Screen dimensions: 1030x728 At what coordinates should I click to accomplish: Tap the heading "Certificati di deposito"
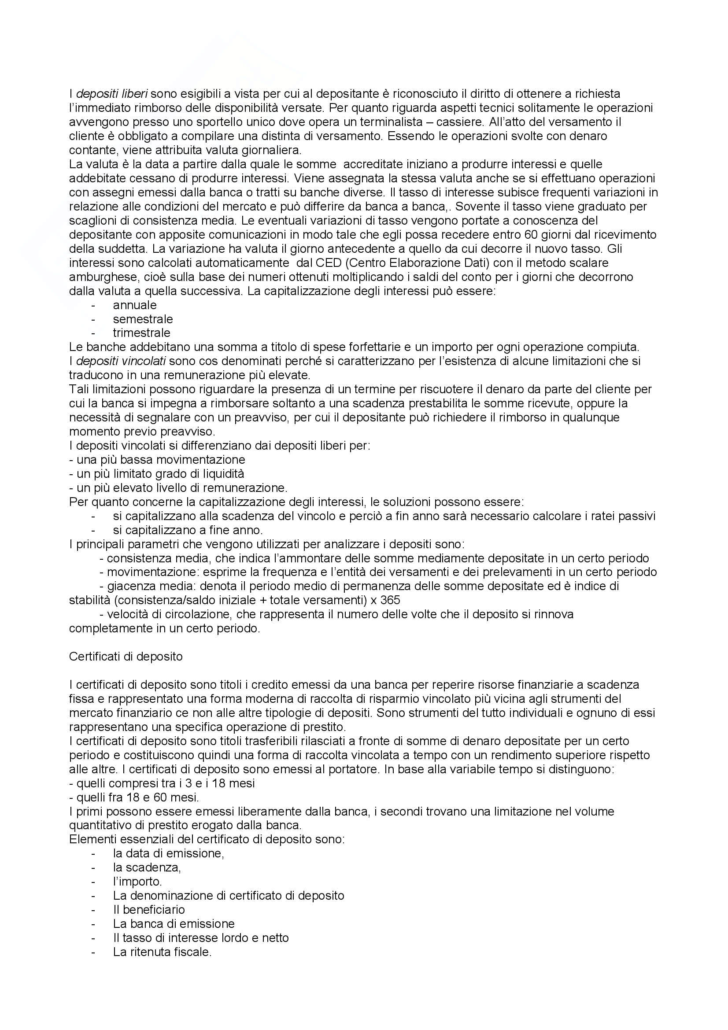[126, 656]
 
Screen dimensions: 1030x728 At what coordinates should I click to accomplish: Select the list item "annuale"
[135, 305]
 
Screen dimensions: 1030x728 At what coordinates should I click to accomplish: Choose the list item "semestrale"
[143, 319]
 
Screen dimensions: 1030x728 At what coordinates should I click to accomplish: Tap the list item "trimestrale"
[141, 333]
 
